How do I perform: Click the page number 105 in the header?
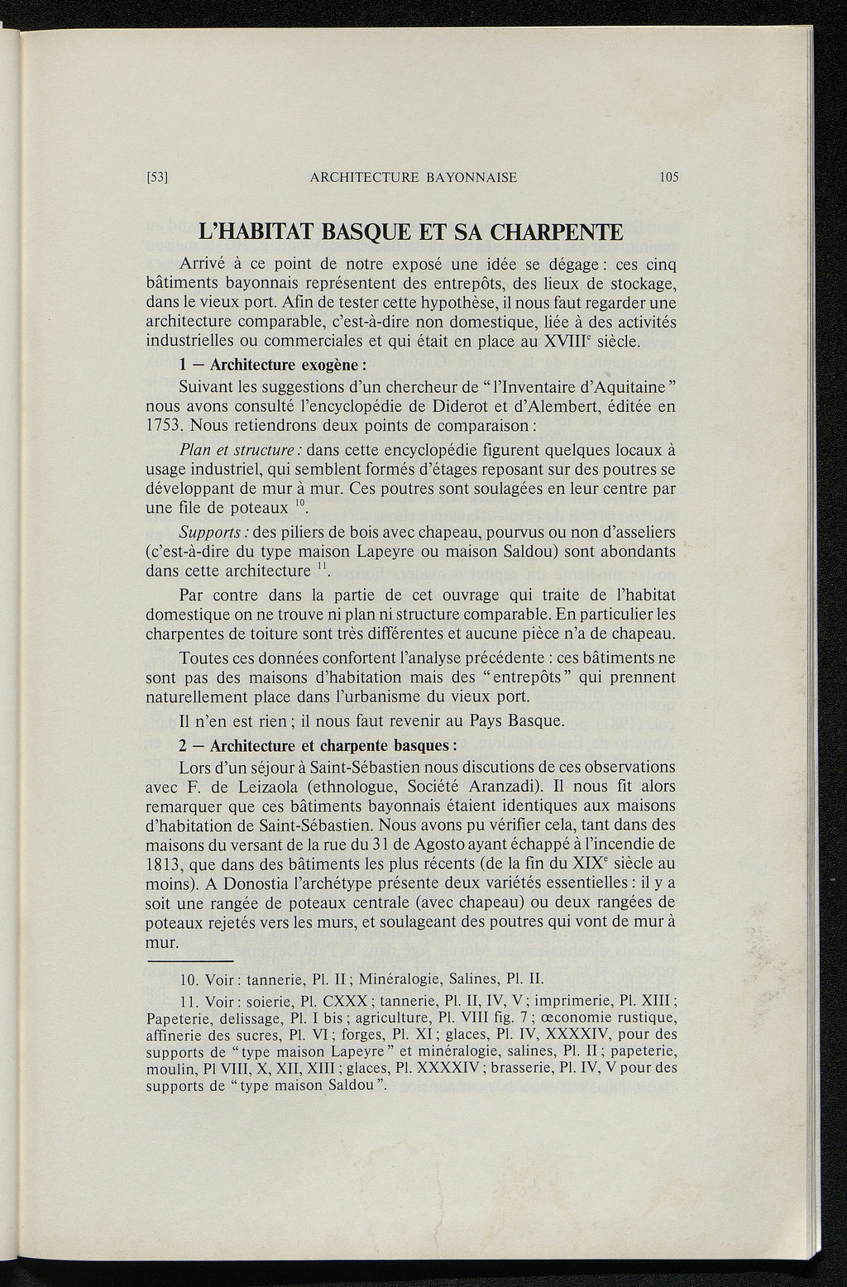(669, 177)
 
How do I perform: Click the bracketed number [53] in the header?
(157, 177)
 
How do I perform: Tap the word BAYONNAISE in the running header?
(468, 177)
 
